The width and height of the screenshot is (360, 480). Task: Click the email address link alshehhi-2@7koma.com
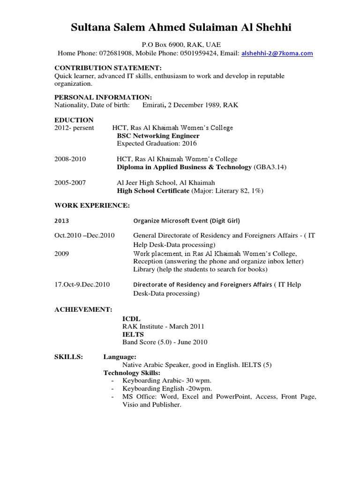[x=277, y=53]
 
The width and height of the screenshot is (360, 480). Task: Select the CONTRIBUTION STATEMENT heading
[x=108, y=67]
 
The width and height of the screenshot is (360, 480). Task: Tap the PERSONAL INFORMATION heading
[x=103, y=97]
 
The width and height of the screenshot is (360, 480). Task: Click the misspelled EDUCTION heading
[x=74, y=120]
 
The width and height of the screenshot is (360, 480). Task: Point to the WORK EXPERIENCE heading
[x=92, y=205]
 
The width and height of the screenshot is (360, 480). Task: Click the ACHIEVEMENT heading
[x=83, y=310]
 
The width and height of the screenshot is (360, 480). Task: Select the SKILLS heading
[x=68, y=357]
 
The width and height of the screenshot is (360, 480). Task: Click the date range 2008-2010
[x=70, y=159]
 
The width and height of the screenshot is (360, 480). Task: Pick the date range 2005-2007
[x=70, y=182]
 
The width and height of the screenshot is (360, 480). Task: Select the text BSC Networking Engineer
[x=155, y=135]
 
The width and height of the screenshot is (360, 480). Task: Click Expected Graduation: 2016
[x=157, y=143]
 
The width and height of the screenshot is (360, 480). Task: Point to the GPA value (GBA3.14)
[x=270, y=167]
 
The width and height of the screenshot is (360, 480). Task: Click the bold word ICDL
[x=131, y=318]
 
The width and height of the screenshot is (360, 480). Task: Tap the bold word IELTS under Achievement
[x=133, y=334]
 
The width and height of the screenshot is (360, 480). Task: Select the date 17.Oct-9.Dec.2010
[x=82, y=285]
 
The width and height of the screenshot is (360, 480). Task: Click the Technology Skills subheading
[x=132, y=373]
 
